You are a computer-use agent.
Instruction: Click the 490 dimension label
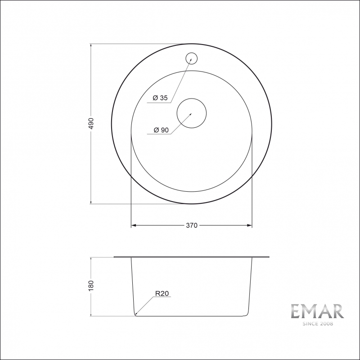(x=91, y=124)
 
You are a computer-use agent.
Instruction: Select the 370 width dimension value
(x=192, y=225)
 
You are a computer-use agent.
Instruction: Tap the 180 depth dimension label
(x=91, y=286)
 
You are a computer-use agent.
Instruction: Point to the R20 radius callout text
(x=162, y=293)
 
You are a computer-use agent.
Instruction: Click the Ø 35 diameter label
(x=160, y=98)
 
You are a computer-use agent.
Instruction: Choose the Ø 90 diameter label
(x=161, y=130)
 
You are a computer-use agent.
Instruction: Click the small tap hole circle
(x=192, y=58)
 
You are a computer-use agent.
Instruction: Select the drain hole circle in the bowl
(x=191, y=112)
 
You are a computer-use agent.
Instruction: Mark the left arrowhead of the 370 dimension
(x=133, y=225)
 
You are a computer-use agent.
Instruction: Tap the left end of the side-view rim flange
(x=115, y=257)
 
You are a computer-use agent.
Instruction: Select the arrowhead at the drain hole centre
(x=190, y=114)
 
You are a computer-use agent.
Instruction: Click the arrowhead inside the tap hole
(x=191, y=59)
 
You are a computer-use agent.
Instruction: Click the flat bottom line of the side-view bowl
(x=191, y=315)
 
